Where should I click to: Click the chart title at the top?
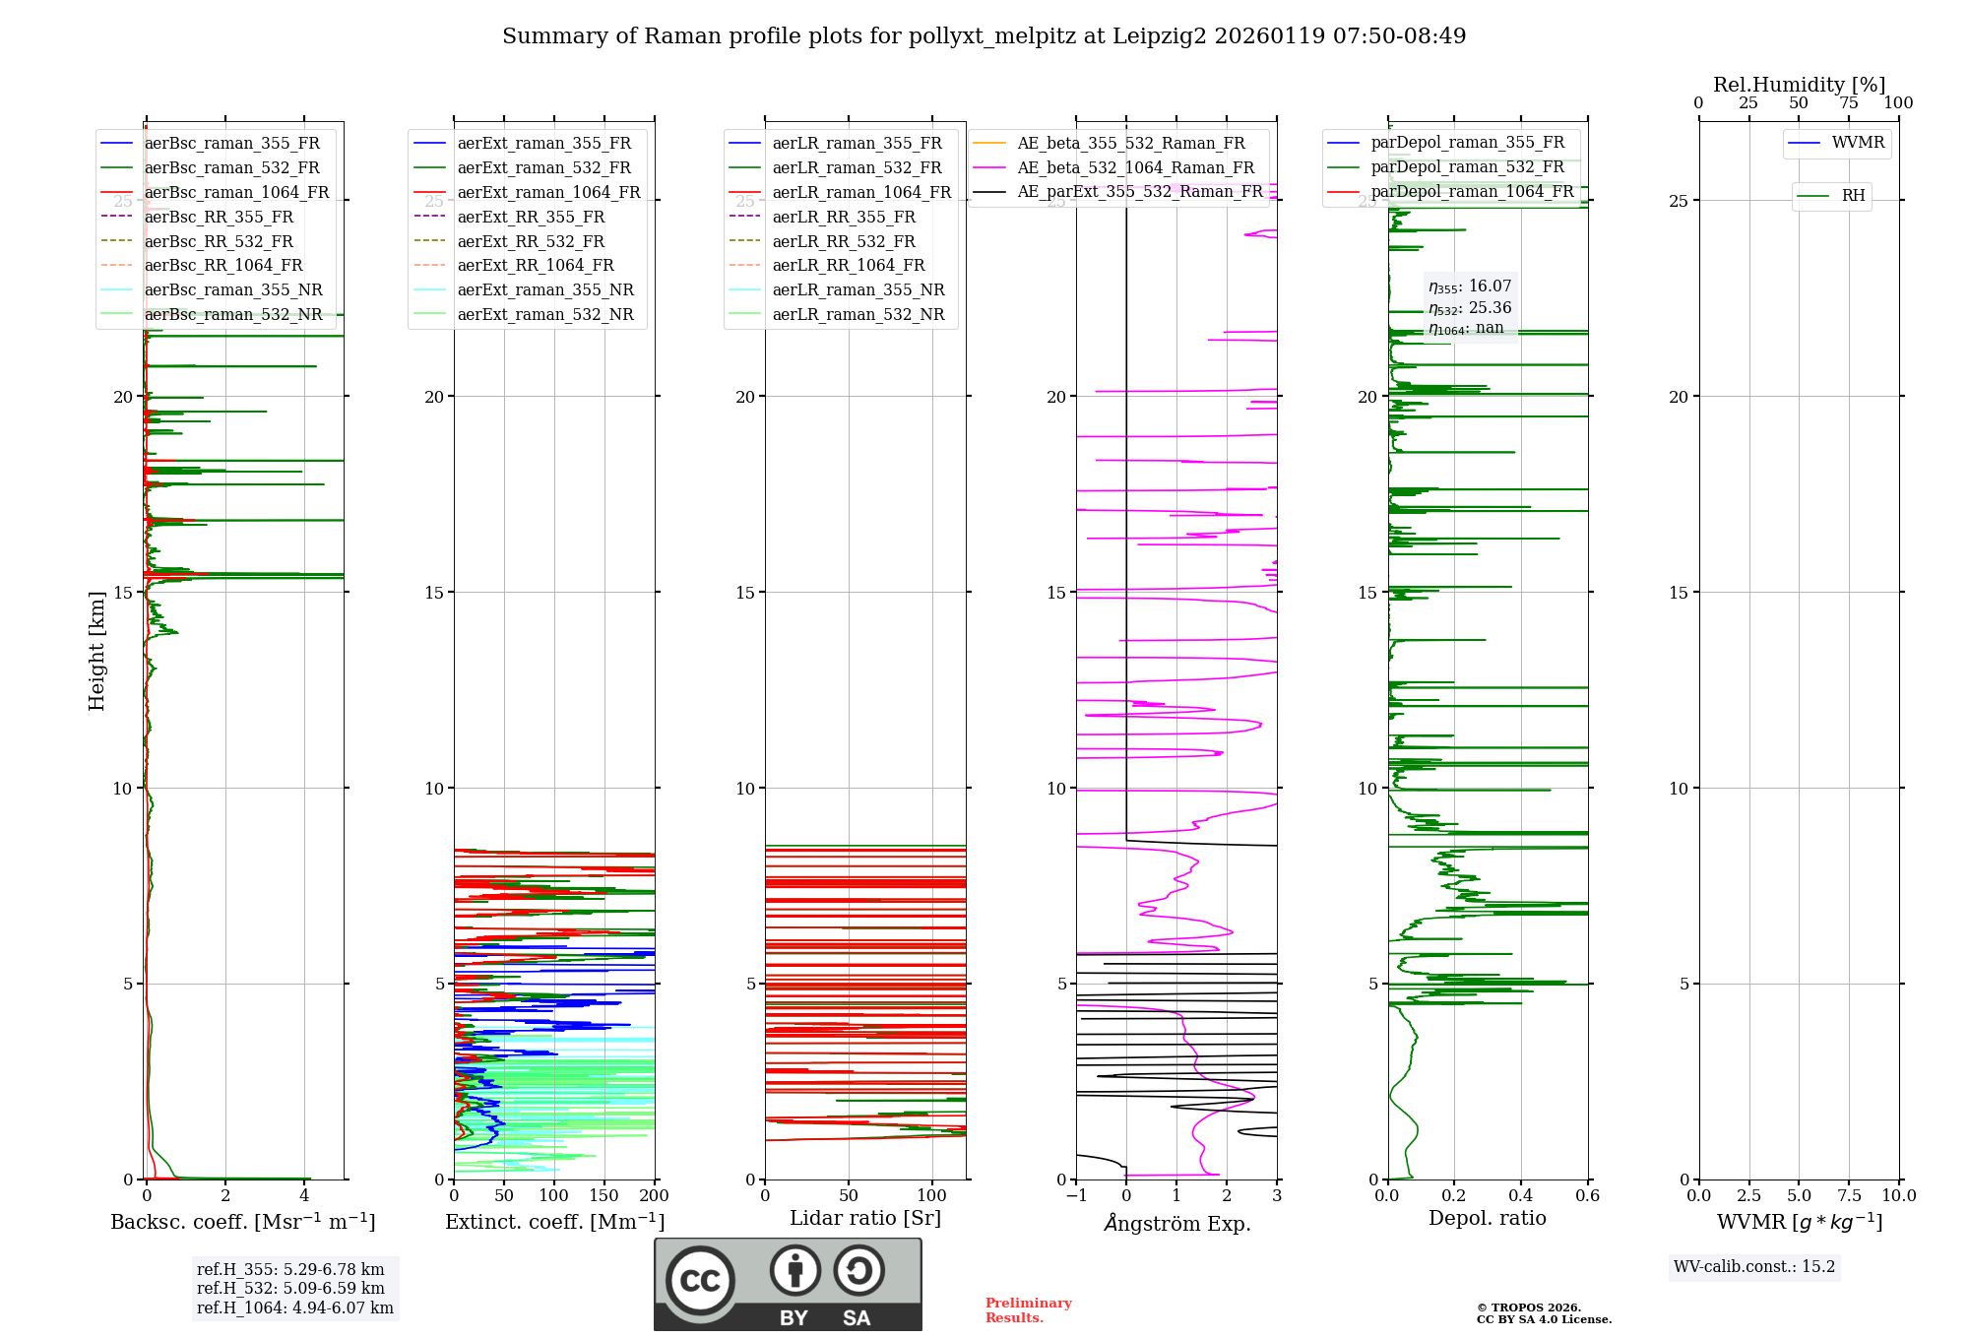(x=984, y=36)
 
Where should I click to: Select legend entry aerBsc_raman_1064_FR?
(x=236, y=192)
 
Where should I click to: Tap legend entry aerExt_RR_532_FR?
(x=531, y=241)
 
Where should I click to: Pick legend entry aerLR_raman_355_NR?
(x=857, y=289)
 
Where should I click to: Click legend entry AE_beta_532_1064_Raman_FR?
(x=1135, y=167)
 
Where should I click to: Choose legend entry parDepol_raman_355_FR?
(x=1467, y=143)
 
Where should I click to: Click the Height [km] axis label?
(x=96, y=650)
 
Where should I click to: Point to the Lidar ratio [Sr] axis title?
(x=864, y=1218)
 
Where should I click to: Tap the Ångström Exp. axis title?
(x=1176, y=1223)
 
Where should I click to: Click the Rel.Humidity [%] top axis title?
(x=1799, y=85)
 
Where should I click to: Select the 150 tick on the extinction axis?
(x=603, y=1195)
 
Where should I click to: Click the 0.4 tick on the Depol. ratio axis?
(x=1520, y=1195)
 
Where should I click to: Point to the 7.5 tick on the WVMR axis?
(x=1849, y=1195)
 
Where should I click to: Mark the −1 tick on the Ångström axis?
(x=1076, y=1195)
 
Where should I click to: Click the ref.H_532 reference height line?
(x=290, y=1288)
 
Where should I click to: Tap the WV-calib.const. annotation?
(x=1753, y=1266)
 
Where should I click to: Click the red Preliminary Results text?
(x=1028, y=1309)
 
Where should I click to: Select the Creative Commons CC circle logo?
(x=700, y=1280)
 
